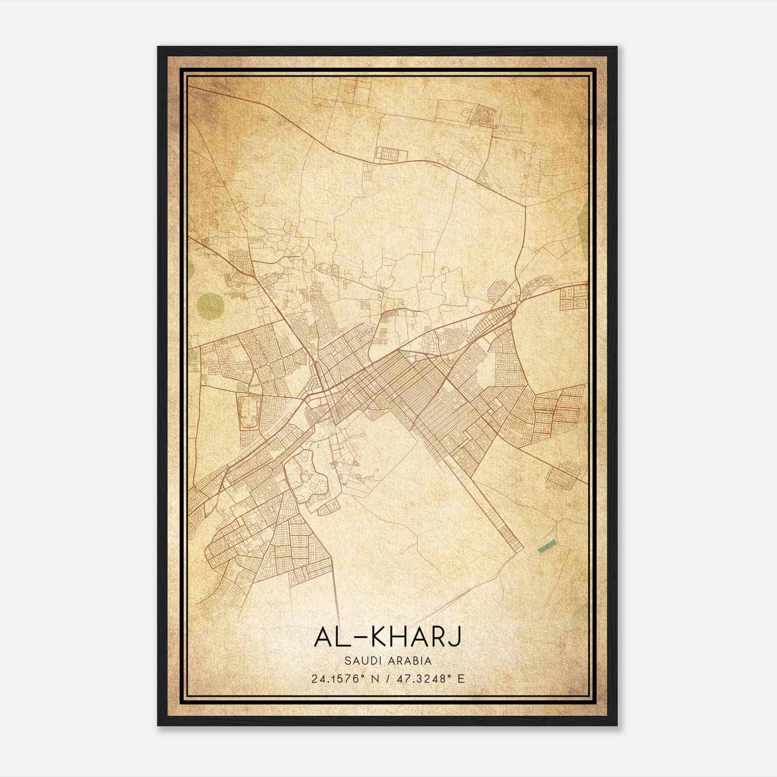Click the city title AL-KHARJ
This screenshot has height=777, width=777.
tap(388, 637)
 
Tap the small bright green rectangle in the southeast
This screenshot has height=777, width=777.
tap(547, 546)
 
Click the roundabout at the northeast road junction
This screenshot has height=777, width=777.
tap(519, 303)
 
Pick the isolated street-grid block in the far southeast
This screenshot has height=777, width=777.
tap(563, 473)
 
